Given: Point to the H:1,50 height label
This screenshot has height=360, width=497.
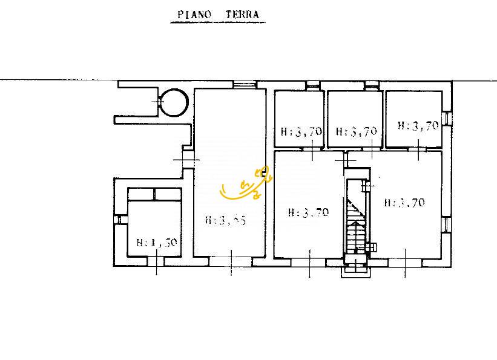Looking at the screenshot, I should click(x=156, y=243).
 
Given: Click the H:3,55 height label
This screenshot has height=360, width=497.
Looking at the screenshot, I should click(x=225, y=221).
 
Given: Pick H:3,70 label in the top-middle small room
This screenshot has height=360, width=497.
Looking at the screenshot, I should click(x=357, y=131).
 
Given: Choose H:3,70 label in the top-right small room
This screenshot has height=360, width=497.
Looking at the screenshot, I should click(x=418, y=126).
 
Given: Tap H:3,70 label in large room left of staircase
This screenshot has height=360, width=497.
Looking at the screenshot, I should click(x=308, y=212).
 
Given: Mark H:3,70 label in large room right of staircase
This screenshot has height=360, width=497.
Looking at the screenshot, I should click(x=404, y=203).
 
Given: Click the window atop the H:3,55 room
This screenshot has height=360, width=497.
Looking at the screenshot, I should click(x=243, y=85).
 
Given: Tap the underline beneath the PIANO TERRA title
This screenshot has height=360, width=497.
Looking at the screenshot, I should click(x=217, y=22).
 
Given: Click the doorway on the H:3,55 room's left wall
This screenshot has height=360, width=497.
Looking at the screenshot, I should click(x=189, y=159).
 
